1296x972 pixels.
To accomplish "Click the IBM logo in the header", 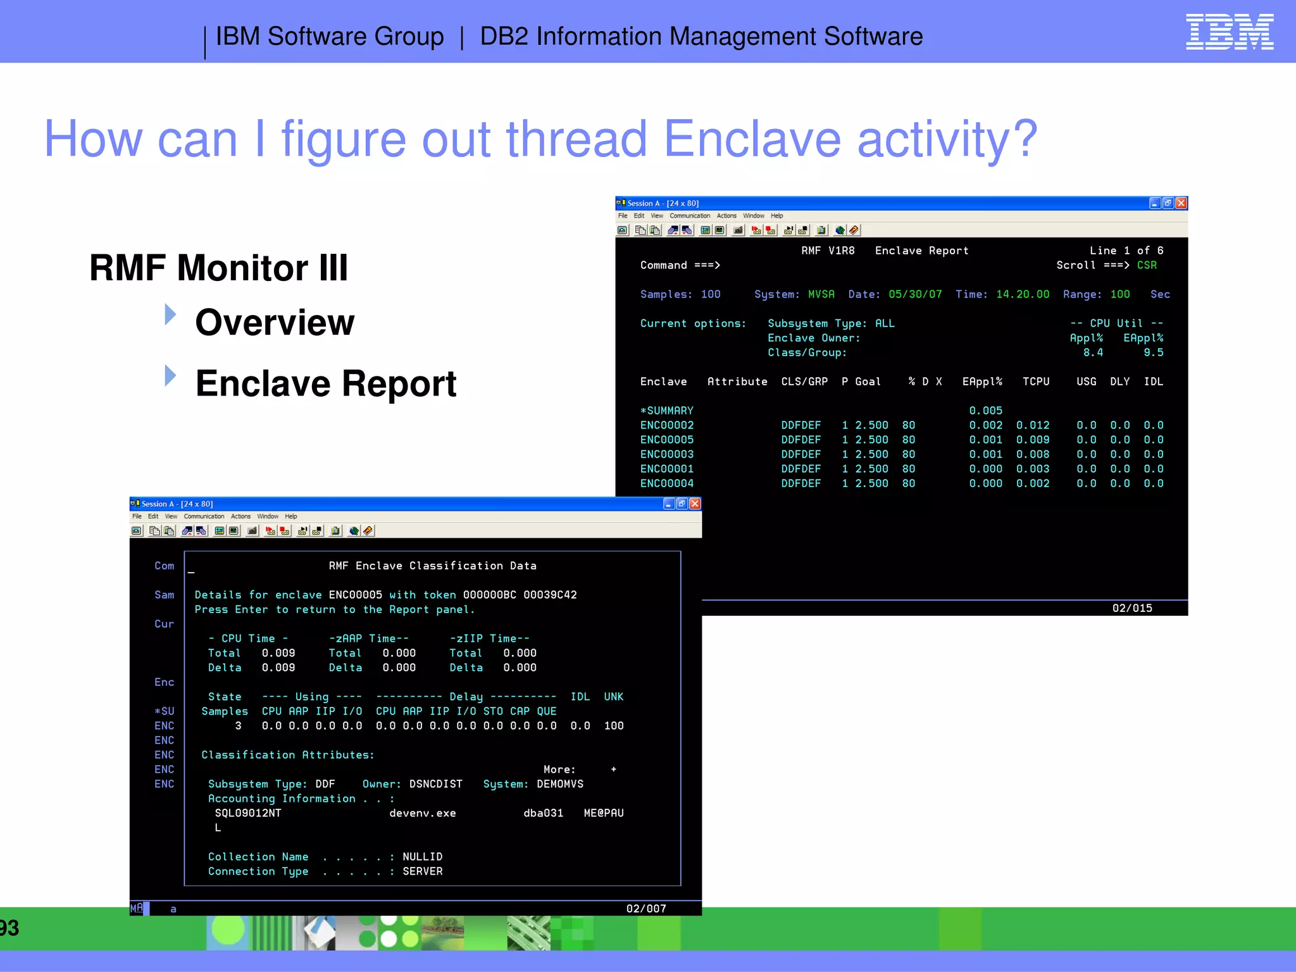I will (1229, 32).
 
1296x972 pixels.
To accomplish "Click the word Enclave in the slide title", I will (752, 139).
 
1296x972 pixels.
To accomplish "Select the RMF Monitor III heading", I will (218, 268).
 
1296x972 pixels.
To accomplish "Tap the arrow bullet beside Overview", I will (170, 315).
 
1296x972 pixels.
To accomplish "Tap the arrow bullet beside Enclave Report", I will (170, 375).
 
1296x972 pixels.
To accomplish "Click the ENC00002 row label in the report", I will (666, 425).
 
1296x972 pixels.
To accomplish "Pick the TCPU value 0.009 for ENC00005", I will (1032, 440).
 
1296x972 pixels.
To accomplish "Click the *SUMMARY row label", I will (666, 411).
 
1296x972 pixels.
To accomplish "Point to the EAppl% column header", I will (981, 382).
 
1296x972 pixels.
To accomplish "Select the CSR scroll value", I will (1146, 265).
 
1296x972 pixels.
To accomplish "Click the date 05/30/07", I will (914, 294).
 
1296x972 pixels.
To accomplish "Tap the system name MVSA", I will (821, 294).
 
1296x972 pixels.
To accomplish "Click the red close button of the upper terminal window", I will (1181, 203).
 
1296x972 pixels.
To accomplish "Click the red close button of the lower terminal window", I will (695, 504).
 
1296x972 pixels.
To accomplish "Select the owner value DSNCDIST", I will (435, 784).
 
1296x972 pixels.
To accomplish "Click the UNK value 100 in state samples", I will (613, 726).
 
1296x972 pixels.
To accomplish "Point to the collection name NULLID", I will (422, 857).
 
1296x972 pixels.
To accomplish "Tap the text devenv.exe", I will (422, 813).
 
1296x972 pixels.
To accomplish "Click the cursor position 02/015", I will (1131, 608).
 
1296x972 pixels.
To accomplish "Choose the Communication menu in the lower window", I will (204, 516).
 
